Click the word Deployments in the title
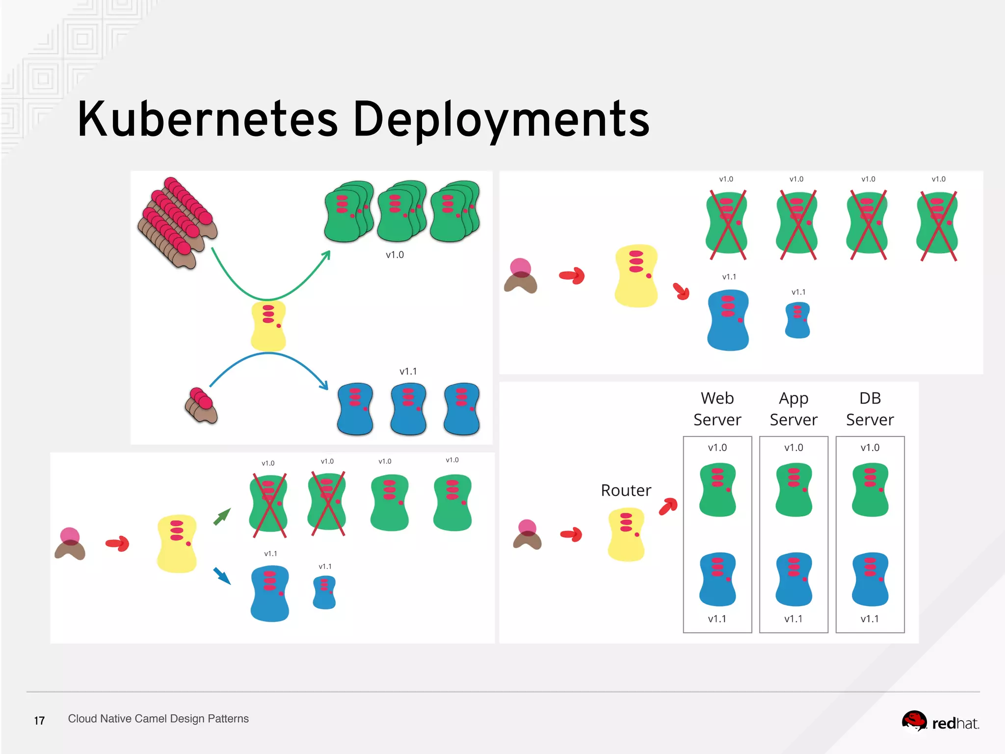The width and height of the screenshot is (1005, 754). coord(501,119)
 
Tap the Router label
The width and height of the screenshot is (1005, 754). coord(626,490)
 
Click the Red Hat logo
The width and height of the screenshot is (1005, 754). coord(940,722)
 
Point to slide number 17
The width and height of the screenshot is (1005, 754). coord(39,721)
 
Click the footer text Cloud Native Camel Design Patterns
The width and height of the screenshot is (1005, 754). coord(158,719)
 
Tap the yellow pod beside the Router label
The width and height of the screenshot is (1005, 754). coord(626,535)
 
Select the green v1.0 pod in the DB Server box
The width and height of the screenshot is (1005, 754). coord(870,489)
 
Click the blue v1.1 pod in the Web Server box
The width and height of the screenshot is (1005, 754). coord(717,579)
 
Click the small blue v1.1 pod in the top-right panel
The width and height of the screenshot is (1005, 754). coord(797,320)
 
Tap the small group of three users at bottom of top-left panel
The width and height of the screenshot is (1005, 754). coord(201,406)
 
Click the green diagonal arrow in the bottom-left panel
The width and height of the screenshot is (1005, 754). coord(222,517)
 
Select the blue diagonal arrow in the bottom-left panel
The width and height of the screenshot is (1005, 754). coord(222,575)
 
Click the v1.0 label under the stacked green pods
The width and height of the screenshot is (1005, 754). coord(395,255)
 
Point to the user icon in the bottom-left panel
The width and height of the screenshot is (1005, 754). coord(70,544)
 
